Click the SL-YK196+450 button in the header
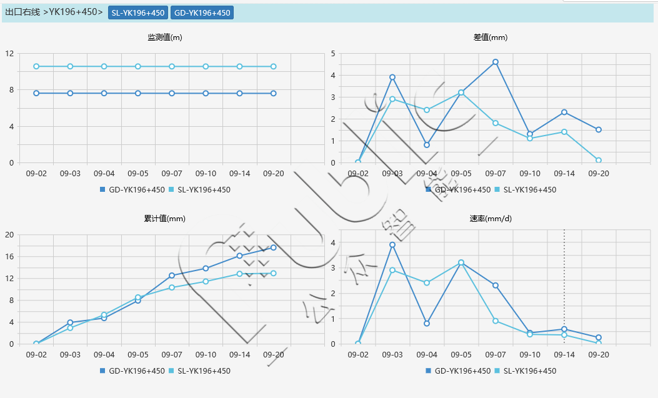(138, 13)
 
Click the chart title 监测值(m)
(165, 37)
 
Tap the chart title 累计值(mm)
(165, 219)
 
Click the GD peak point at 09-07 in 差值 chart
(496, 62)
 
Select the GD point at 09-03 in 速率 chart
(392, 245)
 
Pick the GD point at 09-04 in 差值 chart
(427, 145)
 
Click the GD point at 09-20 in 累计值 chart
(274, 247)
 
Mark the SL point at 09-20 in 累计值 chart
(274, 273)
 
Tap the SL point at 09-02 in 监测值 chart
(36, 66)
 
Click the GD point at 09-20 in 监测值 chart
(274, 93)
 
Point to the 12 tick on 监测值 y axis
(9, 54)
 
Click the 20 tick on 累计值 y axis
(9, 235)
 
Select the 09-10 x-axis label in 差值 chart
(530, 173)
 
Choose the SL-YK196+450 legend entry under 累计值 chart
(204, 371)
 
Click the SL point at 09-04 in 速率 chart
(427, 283)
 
